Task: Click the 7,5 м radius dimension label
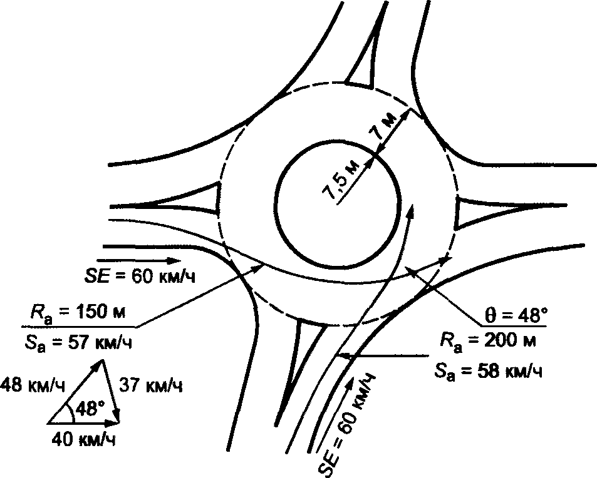click(x=342, y=180)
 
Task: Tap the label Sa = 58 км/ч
click(x=488, y=371)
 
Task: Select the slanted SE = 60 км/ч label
click(x=353, y=422)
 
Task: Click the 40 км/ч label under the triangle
click(x=83, y=440)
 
